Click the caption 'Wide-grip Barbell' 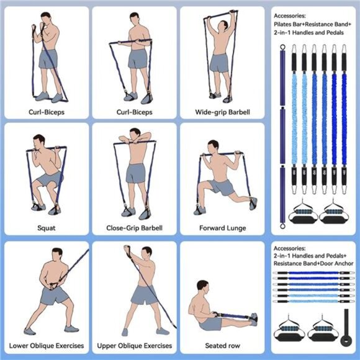(x=222, y=112)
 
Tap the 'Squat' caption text (x=47, y=228)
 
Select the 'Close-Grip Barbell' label (x=134, y=228)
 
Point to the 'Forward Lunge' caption (x=222, y=228)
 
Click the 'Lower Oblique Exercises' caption (x=47, y=345)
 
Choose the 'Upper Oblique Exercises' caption (x=134, y=345)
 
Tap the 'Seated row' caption (x=222, y=345)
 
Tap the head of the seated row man (x=202, y=286)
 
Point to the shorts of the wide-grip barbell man (x=219, y=63)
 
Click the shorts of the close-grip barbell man (x=136, y=173)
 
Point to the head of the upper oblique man (x=146, y=253)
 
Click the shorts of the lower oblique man (x=55, y=295)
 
